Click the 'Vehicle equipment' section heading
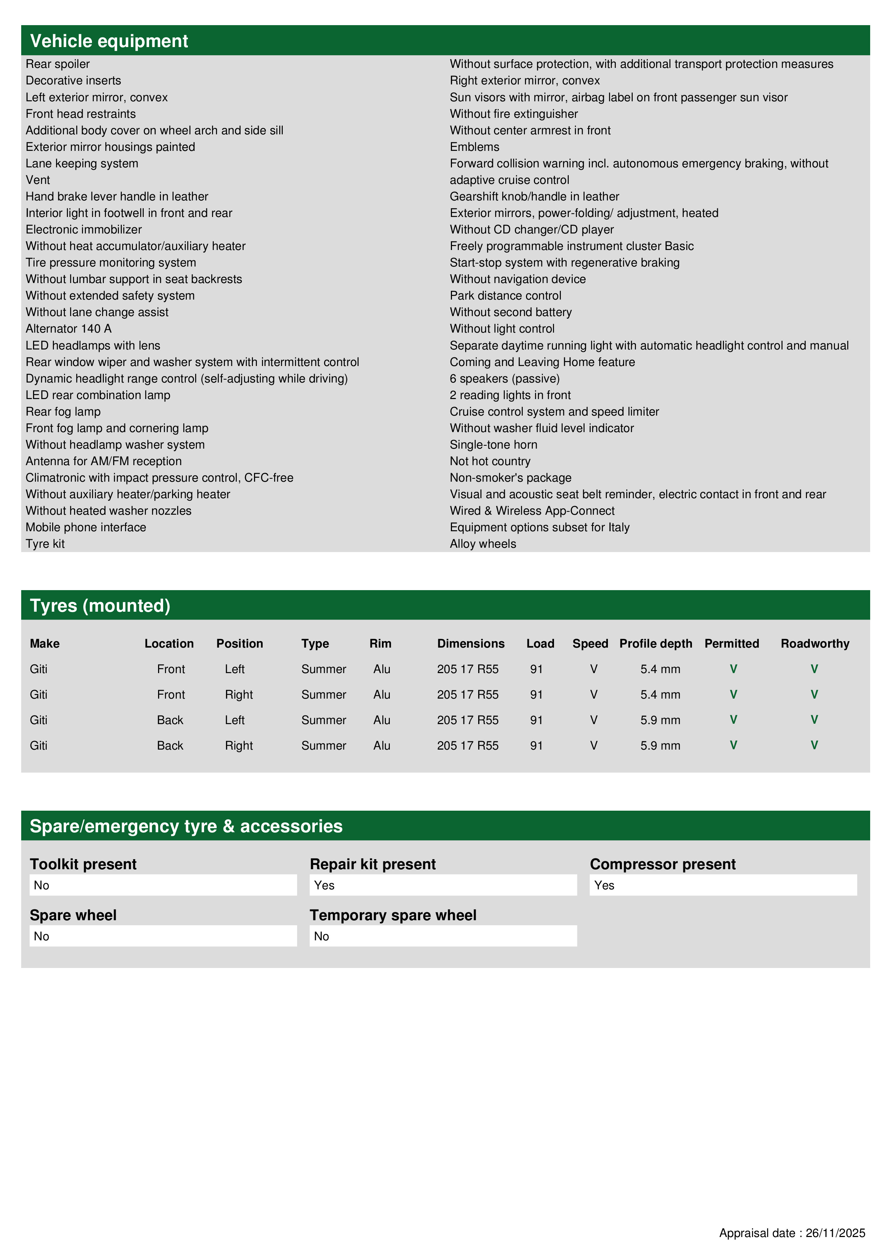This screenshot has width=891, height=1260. [109, 41]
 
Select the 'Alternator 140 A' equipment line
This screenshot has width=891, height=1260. [69, 329]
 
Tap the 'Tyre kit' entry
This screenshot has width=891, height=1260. [45, 544]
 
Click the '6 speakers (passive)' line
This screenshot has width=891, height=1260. [504, 379]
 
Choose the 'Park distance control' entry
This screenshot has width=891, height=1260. [505, 296]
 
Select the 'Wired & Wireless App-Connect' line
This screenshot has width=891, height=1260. [532, 511]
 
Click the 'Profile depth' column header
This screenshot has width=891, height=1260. [655, 644]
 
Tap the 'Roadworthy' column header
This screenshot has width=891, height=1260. [815, 644]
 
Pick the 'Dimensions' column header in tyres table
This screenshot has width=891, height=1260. [471, 644]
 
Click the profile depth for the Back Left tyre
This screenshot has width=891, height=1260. [660, 720]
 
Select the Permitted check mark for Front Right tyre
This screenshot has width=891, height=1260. [733, 695]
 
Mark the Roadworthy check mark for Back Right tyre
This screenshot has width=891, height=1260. [814, 745]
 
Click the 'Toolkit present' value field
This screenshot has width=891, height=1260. [163, 885]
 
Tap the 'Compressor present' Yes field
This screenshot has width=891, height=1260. [723, 885]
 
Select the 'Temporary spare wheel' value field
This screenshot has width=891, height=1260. [443, 936]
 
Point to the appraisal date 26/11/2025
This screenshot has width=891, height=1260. [835, 1233]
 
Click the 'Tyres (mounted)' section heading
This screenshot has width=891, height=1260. [100, 606]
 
